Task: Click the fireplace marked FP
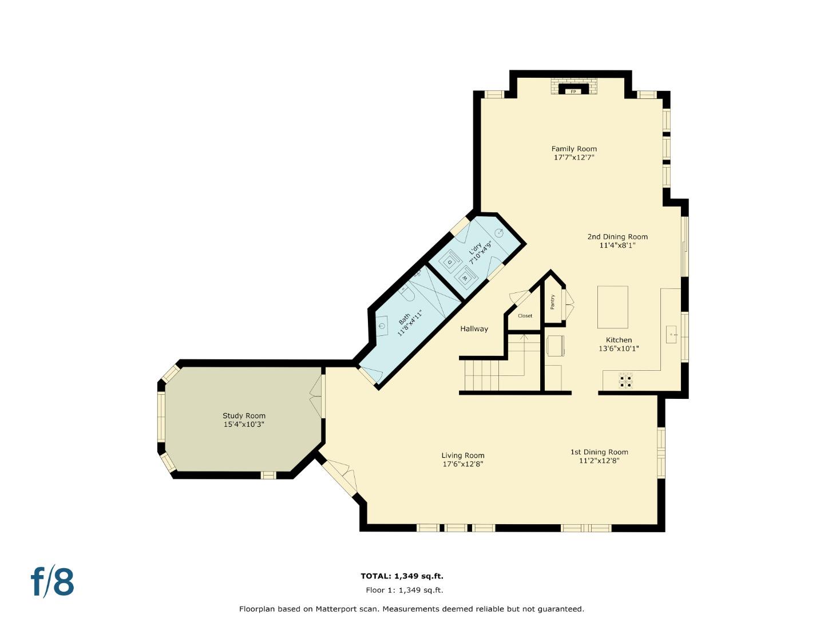point(573,90)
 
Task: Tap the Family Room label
point(574,149)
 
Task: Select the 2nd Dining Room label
point(617,237)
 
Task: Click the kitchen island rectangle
point(612,307)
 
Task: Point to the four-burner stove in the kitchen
point(625,381)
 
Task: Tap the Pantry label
point(553,302)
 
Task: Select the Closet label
point(525,316)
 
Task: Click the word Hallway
point(474,329)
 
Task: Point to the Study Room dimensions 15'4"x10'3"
point(244,425)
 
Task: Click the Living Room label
point(463,455)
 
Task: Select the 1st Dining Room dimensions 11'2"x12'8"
point(599,460)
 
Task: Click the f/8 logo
point(53,582)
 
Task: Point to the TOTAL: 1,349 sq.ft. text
point(402,576)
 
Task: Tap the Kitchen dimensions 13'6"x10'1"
point(619,348)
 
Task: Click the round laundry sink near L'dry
point(499,232)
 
